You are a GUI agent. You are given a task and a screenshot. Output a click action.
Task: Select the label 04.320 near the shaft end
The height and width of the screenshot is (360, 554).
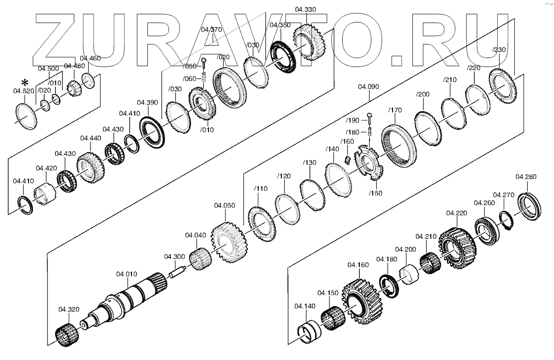[x=68, y=309]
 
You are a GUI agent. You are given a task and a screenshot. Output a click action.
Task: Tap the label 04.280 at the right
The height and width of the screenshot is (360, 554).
[x=526, y=176]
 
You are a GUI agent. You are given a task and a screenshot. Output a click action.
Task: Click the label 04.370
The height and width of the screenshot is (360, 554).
[x=212, y=30]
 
